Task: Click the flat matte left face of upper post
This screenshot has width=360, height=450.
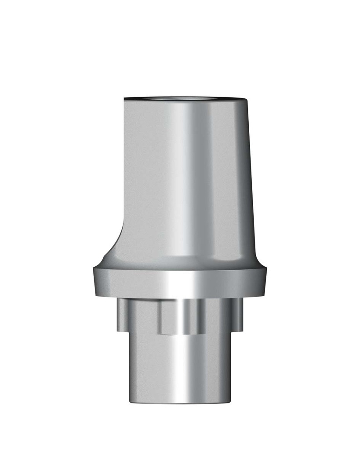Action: (x=141, y=176)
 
